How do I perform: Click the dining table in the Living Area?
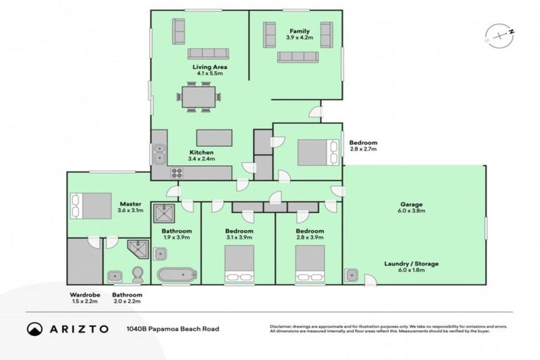[x=198, y=97]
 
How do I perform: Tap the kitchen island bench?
[x=214, y=137]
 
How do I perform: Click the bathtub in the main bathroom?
[x=176, y=275]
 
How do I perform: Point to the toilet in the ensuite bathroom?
[x=139, y=273]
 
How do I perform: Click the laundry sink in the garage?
[x=352, y=274]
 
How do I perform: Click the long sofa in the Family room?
[x=297, y=57]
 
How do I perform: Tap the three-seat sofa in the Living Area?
[x=207, y=53]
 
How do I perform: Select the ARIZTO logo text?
[x=68, y=328]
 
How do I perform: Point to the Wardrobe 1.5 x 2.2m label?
[x=84, y=298]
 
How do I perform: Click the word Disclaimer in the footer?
[x=280, y=326]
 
